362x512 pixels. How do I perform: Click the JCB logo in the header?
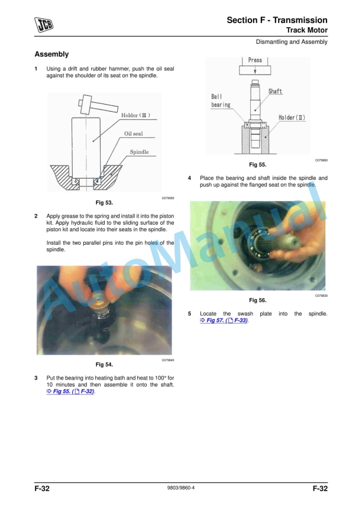pyautogui.click(x=44, y=24)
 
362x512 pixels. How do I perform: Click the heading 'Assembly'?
pyautogui.click(x=52, y=54)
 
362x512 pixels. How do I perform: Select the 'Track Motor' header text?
pyautogui.click(x=306, y=30)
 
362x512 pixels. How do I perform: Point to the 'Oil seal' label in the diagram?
pyautogui.click(x=133, y=134)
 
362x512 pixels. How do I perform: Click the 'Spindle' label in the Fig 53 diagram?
pyautogui.click(x=139, y=152)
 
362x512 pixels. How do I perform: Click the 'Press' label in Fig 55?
pyautogui.click(x=255, y=60)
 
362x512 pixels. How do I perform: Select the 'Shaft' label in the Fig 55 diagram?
pyautogui.click(x=275, y=92)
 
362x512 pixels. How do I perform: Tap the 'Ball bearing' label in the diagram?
pyautogui.click(x=221, y=101)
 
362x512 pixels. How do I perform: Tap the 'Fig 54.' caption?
pyautogui.click(x=104, y=364)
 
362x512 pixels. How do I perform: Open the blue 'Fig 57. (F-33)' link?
pyautogui.click(x=224, y=320)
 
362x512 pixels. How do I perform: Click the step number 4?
pyautogui.click(x=189, y=178)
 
